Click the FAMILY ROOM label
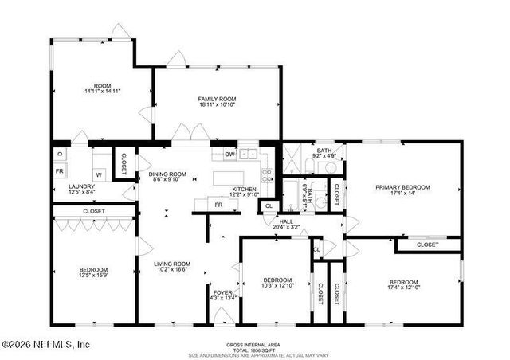point(218,99)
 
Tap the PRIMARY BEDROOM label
point(403,187)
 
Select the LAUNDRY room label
point(82,186)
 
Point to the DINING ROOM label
point(167,174)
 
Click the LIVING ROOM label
point(172,264)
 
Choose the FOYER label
point(222,293)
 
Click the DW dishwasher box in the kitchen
point(229,155)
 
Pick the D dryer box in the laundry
point(59,154)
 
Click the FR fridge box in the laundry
point(59,171)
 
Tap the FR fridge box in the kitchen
point(218,205)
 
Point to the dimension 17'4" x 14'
point(403,194)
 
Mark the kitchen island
point(232,175)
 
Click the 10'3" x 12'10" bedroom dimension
point(277,286)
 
